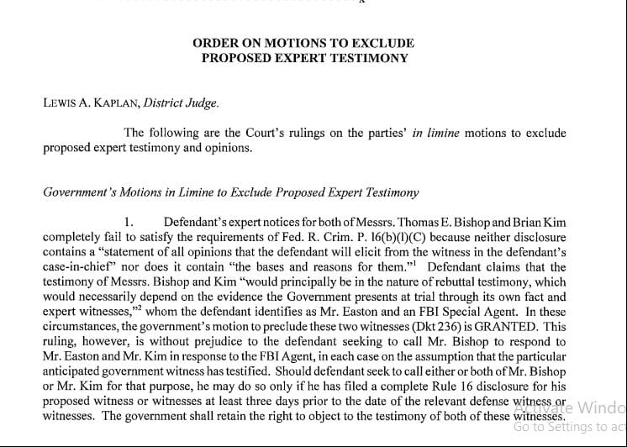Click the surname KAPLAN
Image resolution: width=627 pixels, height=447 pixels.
(x=109, y=104)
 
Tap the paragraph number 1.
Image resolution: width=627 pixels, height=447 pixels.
(x=129, y=223)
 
